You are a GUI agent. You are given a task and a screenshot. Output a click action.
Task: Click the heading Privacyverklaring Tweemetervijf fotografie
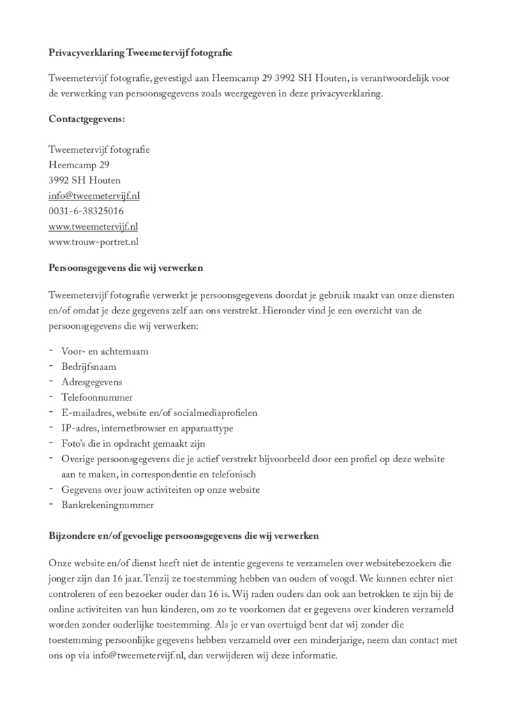pyautogui.click(x=140, y=52)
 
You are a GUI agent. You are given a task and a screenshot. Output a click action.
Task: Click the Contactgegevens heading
pyautogui.click(x=87, y=119)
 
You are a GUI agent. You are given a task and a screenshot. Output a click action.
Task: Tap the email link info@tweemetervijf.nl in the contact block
pyautogui.click(x=94, y=195)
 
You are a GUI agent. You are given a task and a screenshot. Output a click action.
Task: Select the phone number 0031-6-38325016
pyautogui.click(x=86, y=211)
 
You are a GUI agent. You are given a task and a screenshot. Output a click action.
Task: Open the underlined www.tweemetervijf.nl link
pyautogui.click(x=93, y=226)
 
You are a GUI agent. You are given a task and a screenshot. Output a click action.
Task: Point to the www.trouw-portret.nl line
pyautogui.click(x=94, y=242)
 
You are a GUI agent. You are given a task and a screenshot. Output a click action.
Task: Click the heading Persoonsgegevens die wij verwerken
pyautogui.click(x=126, y=267)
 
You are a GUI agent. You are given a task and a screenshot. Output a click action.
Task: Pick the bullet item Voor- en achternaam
pyautogui.click(x=105, y=351)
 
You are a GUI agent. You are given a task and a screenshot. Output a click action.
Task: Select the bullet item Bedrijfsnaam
pyautogui.click(x=89, y=366)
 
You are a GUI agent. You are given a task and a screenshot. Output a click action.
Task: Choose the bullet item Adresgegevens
pyautogui.click(x=91, y=382)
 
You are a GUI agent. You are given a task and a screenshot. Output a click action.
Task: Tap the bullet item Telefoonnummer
pyautogui.click(x=97, y=397)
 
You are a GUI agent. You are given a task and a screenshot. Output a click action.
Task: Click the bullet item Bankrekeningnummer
pyautogui.click(x=107, y=505)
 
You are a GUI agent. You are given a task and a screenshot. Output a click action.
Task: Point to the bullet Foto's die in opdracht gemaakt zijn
pyautogui.click(x=133, y=443)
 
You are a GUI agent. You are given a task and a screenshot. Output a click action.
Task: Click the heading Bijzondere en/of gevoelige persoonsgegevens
pyautogui.click(x=184, y=536)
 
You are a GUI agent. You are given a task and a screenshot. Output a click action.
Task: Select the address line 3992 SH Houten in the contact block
pyautogui.click(x=84, y=180)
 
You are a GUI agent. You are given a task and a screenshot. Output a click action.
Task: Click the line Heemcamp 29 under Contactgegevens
pyautogui.click(x=79, y=165)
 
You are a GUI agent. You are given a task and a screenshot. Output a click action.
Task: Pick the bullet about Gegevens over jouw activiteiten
pyautogui.click(x=160, y=489)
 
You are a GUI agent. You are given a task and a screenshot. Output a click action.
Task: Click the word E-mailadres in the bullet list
pyautogui.click(x=87, y=413)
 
